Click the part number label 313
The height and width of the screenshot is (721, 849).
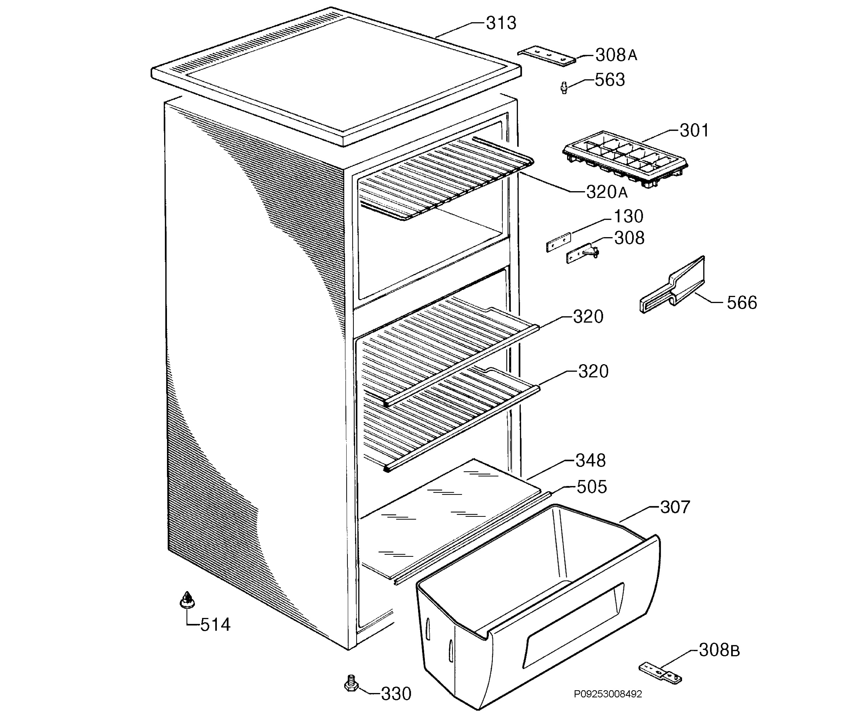501,23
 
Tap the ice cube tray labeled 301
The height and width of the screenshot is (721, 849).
625,159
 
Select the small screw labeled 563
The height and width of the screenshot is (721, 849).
564,87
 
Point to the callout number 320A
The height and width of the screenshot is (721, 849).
607,192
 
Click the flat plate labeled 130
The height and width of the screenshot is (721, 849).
559,242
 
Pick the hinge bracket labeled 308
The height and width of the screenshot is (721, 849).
582,254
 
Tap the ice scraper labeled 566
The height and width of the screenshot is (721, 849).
672,285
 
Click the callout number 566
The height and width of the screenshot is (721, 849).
741,303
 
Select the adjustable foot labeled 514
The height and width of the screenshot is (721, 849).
187,600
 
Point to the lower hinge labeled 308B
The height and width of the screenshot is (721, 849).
660,674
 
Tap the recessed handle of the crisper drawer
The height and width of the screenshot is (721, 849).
573,625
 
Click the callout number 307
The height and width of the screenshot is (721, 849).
675,507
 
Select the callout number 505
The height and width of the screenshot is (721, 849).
591,487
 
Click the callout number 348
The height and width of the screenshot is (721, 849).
590,460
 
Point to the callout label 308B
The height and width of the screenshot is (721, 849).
719,650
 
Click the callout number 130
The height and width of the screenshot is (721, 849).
629,217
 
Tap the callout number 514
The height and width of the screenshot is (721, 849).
215,625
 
